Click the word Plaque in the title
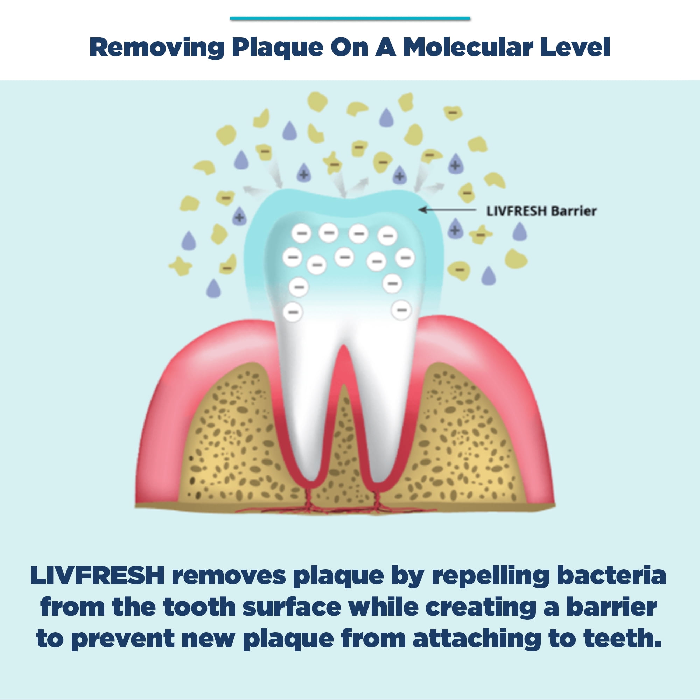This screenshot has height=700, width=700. (278, 48)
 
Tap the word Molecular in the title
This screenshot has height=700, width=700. (468, 47)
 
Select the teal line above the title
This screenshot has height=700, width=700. (350, 18)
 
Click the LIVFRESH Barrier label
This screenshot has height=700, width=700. (541, 211)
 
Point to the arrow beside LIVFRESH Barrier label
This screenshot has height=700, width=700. (447, 210)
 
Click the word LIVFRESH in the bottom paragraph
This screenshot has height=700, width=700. (97, 575)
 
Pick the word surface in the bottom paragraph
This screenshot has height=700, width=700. (292, 607)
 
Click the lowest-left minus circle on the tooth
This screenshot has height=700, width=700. (293, 312)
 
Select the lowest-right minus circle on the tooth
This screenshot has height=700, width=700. (401, 310)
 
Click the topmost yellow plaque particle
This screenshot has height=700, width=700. (317, 101)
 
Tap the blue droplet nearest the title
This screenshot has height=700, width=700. (386, 117)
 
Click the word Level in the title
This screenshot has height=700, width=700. (575, 47)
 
